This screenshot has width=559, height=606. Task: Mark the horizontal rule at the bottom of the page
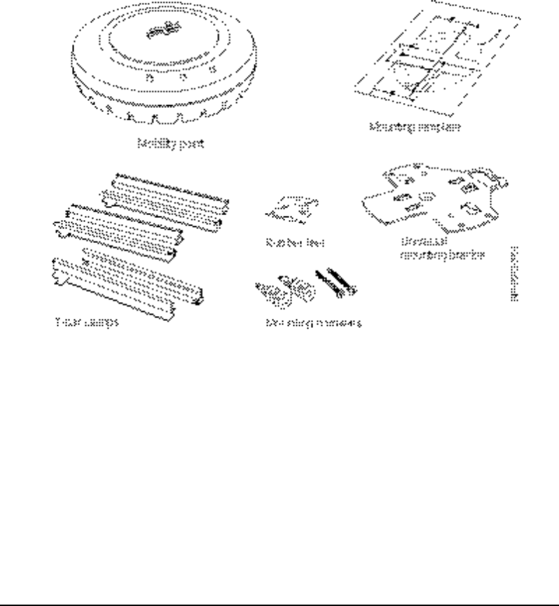279,602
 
